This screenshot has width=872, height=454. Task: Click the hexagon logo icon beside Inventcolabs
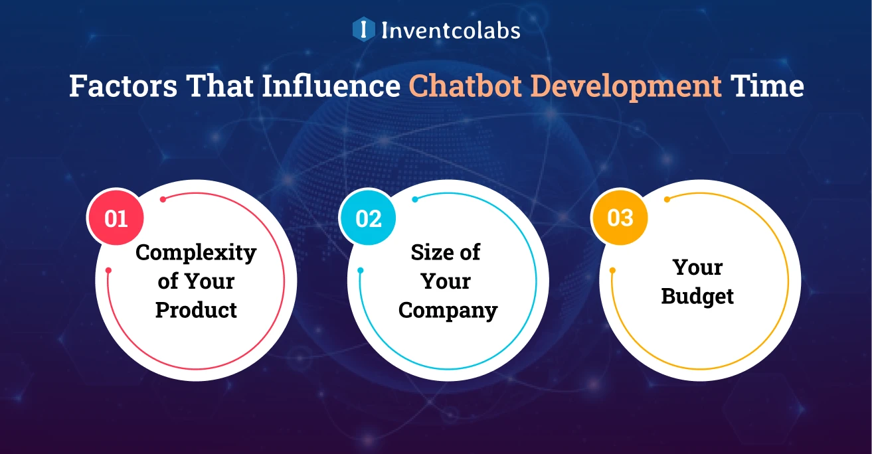tap(363, 29)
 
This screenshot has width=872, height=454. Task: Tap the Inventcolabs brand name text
tap(451, 31)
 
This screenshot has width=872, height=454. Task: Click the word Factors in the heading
tap(124, 86)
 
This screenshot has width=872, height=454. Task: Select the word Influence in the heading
tap(331, 86)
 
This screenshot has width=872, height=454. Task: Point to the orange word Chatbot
tap(465, 86)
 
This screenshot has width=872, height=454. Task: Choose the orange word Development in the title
tap(626, 87)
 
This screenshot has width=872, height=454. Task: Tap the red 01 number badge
tap(116, 217)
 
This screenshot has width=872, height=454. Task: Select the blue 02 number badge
tap(368, 217)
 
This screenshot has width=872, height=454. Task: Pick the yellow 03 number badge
tap(620, 217)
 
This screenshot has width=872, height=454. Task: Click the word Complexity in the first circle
tap(196, 254)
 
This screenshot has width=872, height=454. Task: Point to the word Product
tap(196, 310)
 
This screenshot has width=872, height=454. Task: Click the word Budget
tap(697, 297)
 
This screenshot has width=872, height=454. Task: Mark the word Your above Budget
tap(697, 267)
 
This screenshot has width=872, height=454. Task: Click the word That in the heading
tap(220, 86)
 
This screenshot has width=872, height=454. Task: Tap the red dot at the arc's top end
tap(163, 200)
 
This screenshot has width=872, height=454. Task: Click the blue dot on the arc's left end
tap(361, 270)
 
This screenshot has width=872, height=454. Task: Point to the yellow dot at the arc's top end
tap(667, 200)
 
